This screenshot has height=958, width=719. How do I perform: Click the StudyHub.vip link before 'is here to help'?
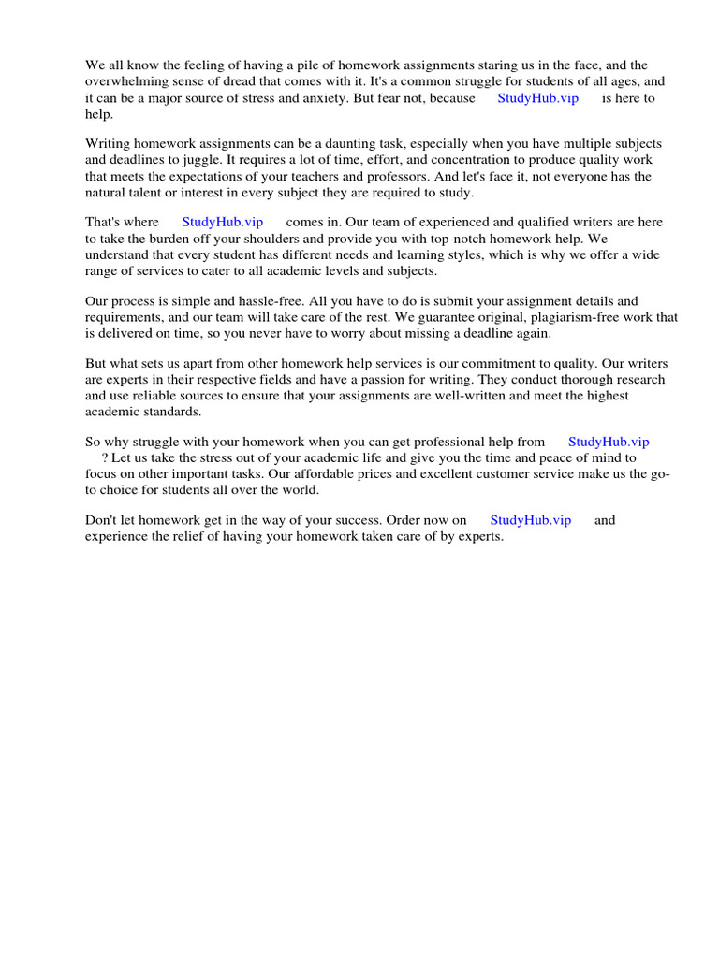pyautogui.click(x=538, y=98)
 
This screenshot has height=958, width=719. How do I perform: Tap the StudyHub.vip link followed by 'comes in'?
pyautogui.click(x=223, y=222)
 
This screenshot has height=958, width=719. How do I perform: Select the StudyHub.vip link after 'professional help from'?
pyautogui.click(x=609, y=442)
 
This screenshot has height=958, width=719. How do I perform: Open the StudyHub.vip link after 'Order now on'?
pyautogui.click(x=531, y=520)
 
